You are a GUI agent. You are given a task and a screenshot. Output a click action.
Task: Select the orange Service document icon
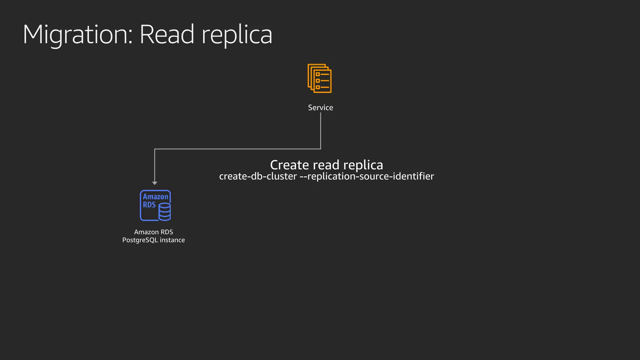pos(320,78)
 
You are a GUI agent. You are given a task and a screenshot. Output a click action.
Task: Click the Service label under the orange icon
pos(320,107)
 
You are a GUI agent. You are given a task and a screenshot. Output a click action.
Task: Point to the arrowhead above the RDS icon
pos(155,183)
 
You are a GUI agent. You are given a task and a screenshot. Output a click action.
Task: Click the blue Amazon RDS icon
pos(155,205)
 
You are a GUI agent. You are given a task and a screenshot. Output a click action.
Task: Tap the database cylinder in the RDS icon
pos(165,212)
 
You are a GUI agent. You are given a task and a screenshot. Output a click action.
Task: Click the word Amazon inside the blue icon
pos(156,197)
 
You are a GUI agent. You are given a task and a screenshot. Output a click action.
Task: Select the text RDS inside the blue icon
pos(149,205)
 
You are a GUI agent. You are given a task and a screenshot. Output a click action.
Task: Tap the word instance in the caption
pos(172,240)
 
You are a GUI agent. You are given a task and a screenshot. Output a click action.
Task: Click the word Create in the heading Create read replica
pos(289,165)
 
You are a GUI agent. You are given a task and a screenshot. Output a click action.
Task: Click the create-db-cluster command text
pos(258,176)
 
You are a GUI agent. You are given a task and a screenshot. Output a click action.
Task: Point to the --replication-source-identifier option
pos(367,176)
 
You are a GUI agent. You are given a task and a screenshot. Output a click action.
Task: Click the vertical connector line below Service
pos(321,131)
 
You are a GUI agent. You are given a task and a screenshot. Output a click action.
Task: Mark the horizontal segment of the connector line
pos(237,149)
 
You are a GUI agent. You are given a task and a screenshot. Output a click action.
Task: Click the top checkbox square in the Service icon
pos(317,74)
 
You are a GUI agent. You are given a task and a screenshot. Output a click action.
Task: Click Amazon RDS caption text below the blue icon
pos(153,232)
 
